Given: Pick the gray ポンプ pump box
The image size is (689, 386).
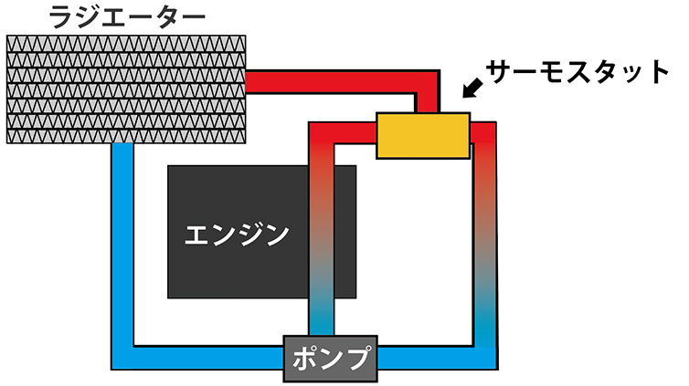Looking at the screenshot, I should tap(330, 358).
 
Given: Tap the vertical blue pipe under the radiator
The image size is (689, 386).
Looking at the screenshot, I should tap(122, 237).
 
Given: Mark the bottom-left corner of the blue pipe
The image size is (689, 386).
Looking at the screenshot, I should tap(122, 357).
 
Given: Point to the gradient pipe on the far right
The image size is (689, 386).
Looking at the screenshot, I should tap(485, 237).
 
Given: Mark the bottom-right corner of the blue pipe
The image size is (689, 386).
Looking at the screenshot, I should tap(485, 357).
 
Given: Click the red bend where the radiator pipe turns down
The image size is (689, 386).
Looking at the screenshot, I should tap(428, 82).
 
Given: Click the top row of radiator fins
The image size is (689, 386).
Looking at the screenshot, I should tap(126, 44).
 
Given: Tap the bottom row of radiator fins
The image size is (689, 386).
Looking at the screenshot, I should tap(126, 134).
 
